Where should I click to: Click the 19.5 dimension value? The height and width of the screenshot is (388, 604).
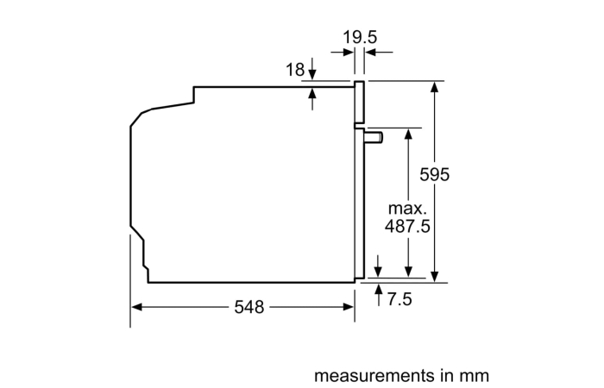[360, 37]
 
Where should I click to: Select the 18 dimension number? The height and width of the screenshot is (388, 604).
[295, 70]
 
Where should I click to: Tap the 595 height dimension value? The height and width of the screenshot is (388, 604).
[435, 174]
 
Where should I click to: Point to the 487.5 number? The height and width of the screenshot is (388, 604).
[407, 226]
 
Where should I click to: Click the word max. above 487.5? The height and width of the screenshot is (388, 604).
[407, 209]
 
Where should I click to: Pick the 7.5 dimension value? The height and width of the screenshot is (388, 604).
[400, 299]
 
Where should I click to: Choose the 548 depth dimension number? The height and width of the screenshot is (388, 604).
[249, 307]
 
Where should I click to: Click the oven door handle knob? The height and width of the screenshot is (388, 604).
[374, 137]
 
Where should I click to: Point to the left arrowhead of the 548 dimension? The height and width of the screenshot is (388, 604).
[137, 307]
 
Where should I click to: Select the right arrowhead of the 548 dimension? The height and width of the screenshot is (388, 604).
[348, 307]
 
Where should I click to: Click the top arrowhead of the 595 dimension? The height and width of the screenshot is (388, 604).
[435, 87]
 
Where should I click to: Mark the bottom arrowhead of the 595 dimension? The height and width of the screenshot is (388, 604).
[435, 277]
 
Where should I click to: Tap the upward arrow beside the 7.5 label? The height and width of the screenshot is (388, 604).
[379, 295]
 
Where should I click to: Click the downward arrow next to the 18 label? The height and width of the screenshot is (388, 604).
[312, 68]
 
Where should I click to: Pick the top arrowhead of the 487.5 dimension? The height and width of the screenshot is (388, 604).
[409, 134]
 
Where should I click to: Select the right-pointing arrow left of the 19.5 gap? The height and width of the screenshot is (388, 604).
[343, 52]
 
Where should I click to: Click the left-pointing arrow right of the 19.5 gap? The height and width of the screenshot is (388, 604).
[379, 52]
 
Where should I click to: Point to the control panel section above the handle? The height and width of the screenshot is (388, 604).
[359, 102]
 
